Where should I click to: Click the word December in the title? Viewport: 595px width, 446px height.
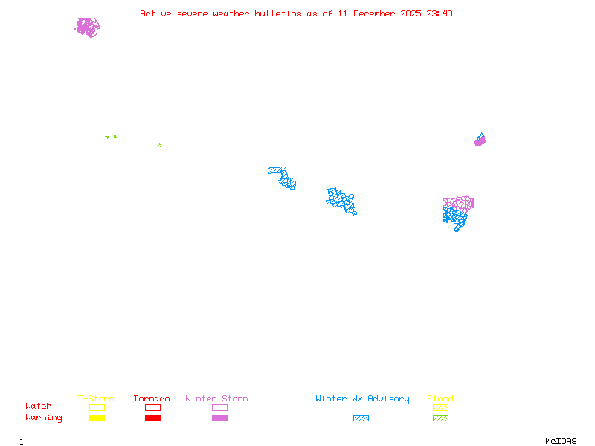click(374, 13)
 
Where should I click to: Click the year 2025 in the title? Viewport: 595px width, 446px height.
click(411, 13)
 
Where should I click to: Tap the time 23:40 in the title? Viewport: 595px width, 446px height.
click(439, 13)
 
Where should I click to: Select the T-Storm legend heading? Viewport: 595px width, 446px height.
click(96, 398)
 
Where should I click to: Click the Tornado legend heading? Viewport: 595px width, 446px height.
click(152, 398)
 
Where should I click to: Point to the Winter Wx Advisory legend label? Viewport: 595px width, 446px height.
click(362, 399)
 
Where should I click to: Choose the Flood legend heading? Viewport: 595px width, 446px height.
click(440, 398)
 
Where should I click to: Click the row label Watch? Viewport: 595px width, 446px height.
click(39, 406)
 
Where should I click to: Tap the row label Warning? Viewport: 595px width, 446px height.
click(44, 418)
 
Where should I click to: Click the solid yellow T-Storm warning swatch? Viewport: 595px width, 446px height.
click(97, 418)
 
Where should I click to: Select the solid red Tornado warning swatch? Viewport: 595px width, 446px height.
click(153, 418)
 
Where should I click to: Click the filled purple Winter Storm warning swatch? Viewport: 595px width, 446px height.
click(219, 418)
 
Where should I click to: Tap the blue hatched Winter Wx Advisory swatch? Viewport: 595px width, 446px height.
click(361, 418)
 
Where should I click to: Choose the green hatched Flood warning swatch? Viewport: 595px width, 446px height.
click(440, 418)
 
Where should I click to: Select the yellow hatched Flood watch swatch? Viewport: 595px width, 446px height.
click(440, 407)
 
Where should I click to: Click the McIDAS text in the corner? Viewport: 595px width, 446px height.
click(561, 441)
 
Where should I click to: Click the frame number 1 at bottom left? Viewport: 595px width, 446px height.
click(22, 442)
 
